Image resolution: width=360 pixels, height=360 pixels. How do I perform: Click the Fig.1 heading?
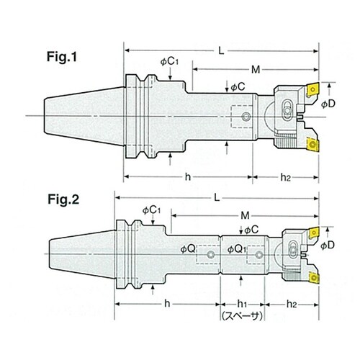[62, 57]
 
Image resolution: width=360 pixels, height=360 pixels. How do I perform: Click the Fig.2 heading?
[63, 199]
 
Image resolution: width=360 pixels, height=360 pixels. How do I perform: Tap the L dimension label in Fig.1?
[221, 50]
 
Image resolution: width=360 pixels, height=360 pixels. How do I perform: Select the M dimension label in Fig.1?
[256, 70]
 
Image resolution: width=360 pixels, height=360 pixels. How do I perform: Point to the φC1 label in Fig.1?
[169, 62]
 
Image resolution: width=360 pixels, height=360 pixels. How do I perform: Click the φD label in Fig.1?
[328, 104]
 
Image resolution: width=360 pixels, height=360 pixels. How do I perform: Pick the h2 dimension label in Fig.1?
[286, 177]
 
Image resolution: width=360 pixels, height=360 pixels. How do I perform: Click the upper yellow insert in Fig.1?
[312, 91]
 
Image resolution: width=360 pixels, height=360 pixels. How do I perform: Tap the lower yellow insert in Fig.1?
[312, 145]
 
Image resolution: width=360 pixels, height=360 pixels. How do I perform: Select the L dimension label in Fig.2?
[217, 198]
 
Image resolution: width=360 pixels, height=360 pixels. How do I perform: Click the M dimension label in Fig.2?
[245, 216]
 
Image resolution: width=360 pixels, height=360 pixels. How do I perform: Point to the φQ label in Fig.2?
[188, 249]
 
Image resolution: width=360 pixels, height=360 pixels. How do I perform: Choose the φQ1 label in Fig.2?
[237, 249]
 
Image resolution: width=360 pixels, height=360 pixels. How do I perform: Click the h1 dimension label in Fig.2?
[242, 304]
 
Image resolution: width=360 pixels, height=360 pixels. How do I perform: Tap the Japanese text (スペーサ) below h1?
[242, 316]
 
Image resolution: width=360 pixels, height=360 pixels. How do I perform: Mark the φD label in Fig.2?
[328, 245]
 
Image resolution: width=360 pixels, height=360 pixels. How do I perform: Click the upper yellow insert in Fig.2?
[313, 233]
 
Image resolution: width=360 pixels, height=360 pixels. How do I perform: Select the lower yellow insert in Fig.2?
[314, 277]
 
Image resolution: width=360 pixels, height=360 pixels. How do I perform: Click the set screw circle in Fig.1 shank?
[246, 117]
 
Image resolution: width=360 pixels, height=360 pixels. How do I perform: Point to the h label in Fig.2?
[167, 304]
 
